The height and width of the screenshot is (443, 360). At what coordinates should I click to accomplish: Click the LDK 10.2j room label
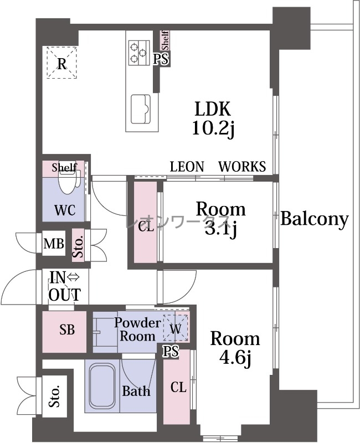point(213,119)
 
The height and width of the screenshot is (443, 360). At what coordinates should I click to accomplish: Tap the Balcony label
point(314,219)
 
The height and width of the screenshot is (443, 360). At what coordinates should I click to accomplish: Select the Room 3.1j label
point(220,219)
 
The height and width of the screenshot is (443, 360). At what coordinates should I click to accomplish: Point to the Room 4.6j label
point(235,349)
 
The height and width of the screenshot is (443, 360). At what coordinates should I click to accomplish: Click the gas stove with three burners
point(139,53)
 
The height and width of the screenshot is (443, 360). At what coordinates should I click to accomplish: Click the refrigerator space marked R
point(61,63)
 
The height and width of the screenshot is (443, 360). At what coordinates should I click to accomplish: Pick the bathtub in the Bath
point(102,385)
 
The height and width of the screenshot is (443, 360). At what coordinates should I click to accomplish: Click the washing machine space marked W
point(176,328)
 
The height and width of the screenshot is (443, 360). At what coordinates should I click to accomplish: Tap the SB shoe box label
point(67,329)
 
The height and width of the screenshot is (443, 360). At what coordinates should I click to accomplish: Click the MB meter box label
point(54,244)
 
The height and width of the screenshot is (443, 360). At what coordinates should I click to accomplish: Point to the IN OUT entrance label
point(65,286)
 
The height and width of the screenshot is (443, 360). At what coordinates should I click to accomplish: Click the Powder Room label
point(137,329)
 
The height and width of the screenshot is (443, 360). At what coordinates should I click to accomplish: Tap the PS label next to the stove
point(161,60)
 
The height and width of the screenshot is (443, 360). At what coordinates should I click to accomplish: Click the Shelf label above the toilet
point(64,168)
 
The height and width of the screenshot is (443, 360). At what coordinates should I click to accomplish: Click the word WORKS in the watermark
point(242,167)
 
